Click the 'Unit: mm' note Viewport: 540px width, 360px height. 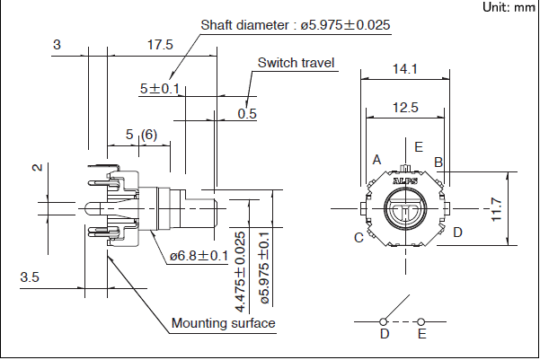508,7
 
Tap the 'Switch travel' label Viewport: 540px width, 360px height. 296,63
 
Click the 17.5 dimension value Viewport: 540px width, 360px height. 160,44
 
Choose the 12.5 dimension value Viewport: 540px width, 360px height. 406,107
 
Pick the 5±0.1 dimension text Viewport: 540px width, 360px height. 160,89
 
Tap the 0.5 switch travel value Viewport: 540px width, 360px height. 247,113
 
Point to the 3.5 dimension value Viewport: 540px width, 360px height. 30,278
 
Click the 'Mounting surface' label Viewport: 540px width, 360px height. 223,323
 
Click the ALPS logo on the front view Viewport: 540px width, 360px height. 406,180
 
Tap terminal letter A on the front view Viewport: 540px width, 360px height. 377,159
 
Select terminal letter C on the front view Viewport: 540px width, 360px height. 359,237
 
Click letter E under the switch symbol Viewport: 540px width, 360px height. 422,335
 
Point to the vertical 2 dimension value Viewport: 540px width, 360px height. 37,168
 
